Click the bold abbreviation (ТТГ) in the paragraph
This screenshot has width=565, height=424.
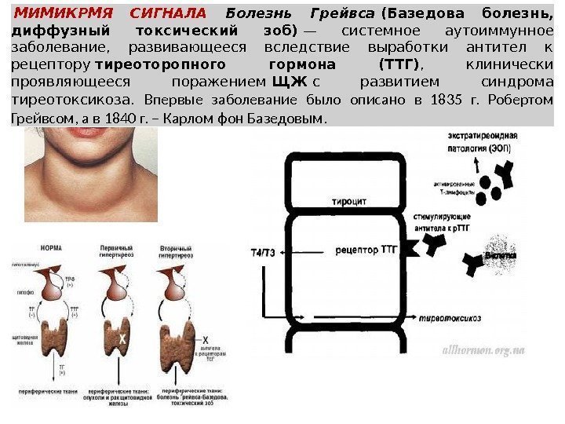click(x=399, y=65)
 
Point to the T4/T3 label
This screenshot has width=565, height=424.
click(x=263, y=253)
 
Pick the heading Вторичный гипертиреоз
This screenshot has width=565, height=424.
click(x=180, y=252)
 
